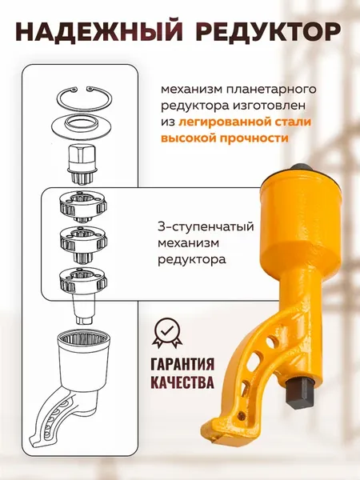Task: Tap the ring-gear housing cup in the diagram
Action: [88, 356]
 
